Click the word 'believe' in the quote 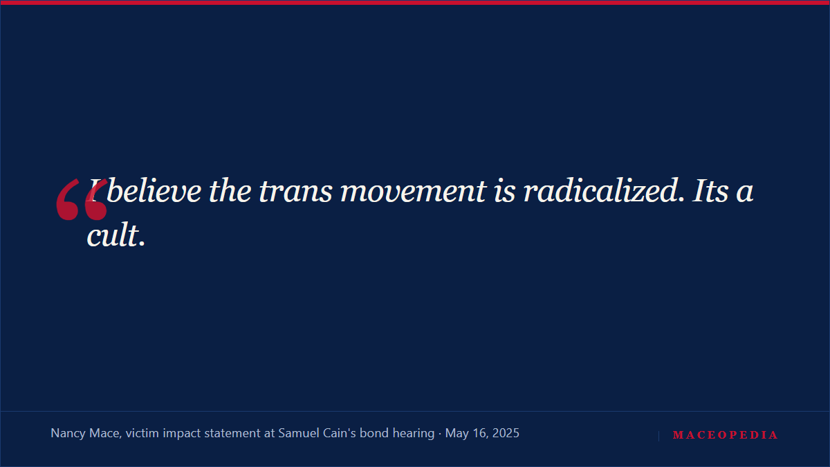point(154,191)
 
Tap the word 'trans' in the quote point(295,192)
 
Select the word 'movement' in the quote point(413,192)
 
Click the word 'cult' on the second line point(113,235)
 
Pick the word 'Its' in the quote point(710,191)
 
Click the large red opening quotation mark point(82,199)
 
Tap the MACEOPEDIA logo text point(725,434)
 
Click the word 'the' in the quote point(230,191)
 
